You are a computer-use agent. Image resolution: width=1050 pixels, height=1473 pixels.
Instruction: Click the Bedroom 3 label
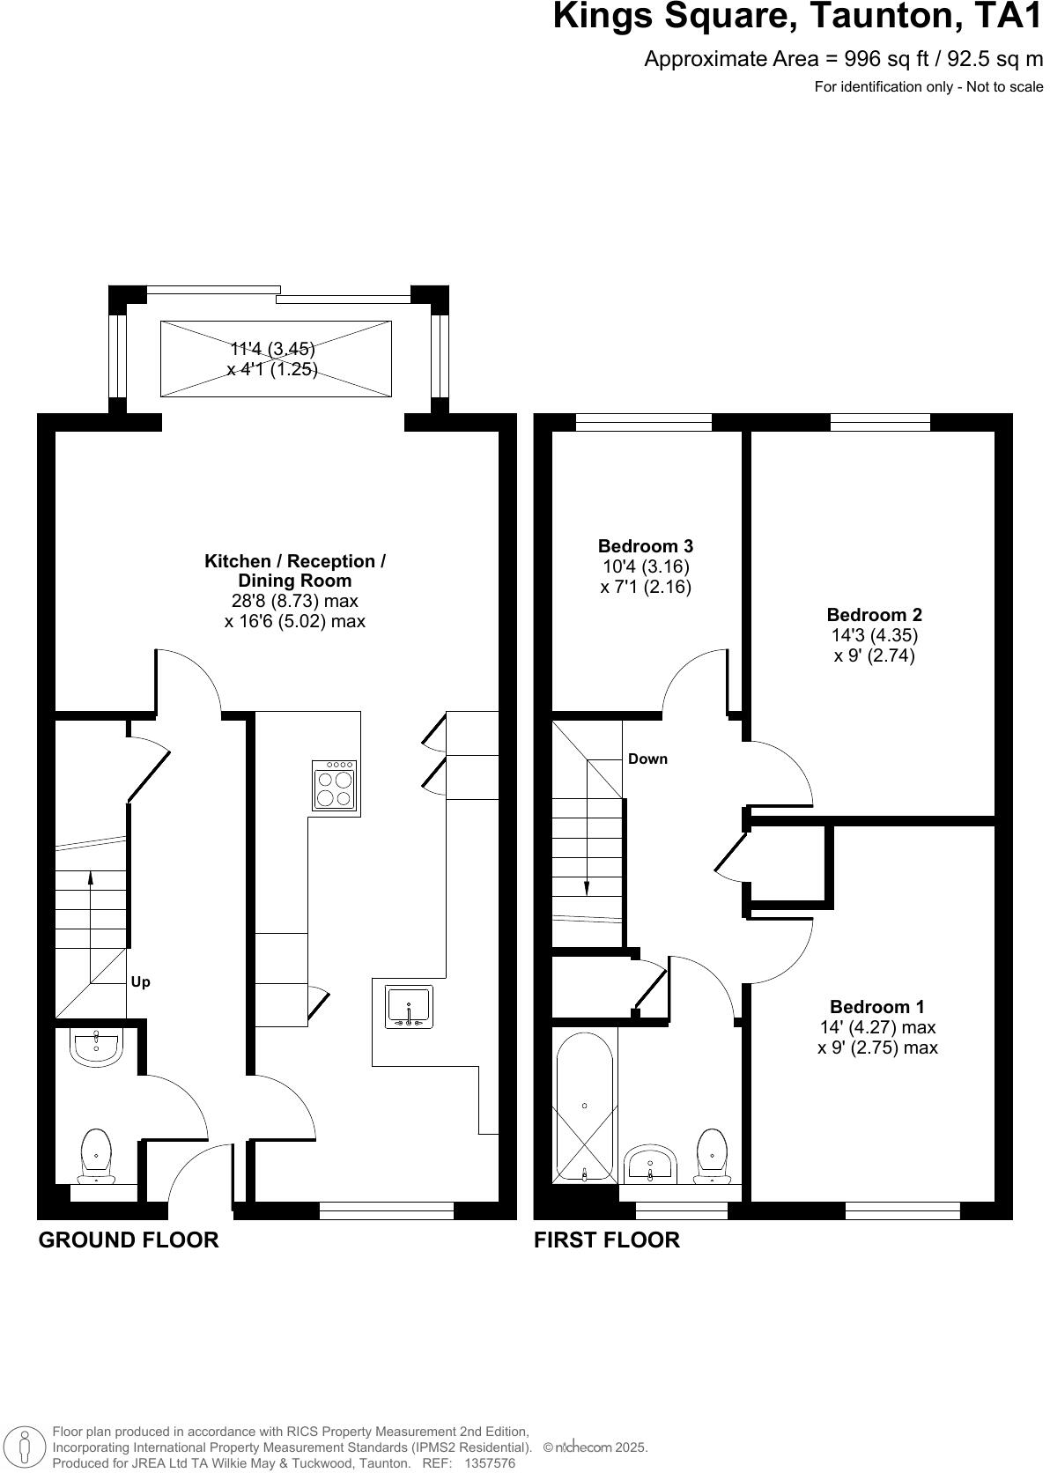645,545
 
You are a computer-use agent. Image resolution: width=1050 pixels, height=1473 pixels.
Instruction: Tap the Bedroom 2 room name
874,615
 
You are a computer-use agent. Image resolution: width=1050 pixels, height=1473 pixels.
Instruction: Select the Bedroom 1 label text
876,1006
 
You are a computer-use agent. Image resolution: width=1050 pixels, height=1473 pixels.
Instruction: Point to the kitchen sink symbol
409,1007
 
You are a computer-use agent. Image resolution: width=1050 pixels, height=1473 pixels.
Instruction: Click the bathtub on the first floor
584,1106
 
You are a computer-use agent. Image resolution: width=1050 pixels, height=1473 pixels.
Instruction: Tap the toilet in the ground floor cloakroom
96,1156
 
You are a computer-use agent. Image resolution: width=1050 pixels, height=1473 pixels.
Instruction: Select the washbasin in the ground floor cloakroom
96,1047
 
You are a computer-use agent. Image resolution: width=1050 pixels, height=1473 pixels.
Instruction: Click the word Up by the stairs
141,981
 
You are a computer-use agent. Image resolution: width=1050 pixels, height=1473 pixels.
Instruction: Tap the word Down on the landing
647,759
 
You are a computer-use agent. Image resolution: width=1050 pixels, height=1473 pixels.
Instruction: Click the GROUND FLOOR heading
129,1240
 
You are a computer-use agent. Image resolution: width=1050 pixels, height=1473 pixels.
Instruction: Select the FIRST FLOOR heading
607,1240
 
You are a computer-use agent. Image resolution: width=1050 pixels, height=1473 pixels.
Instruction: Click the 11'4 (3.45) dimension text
272,349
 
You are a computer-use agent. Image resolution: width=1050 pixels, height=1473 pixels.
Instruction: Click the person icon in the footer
26,1447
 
